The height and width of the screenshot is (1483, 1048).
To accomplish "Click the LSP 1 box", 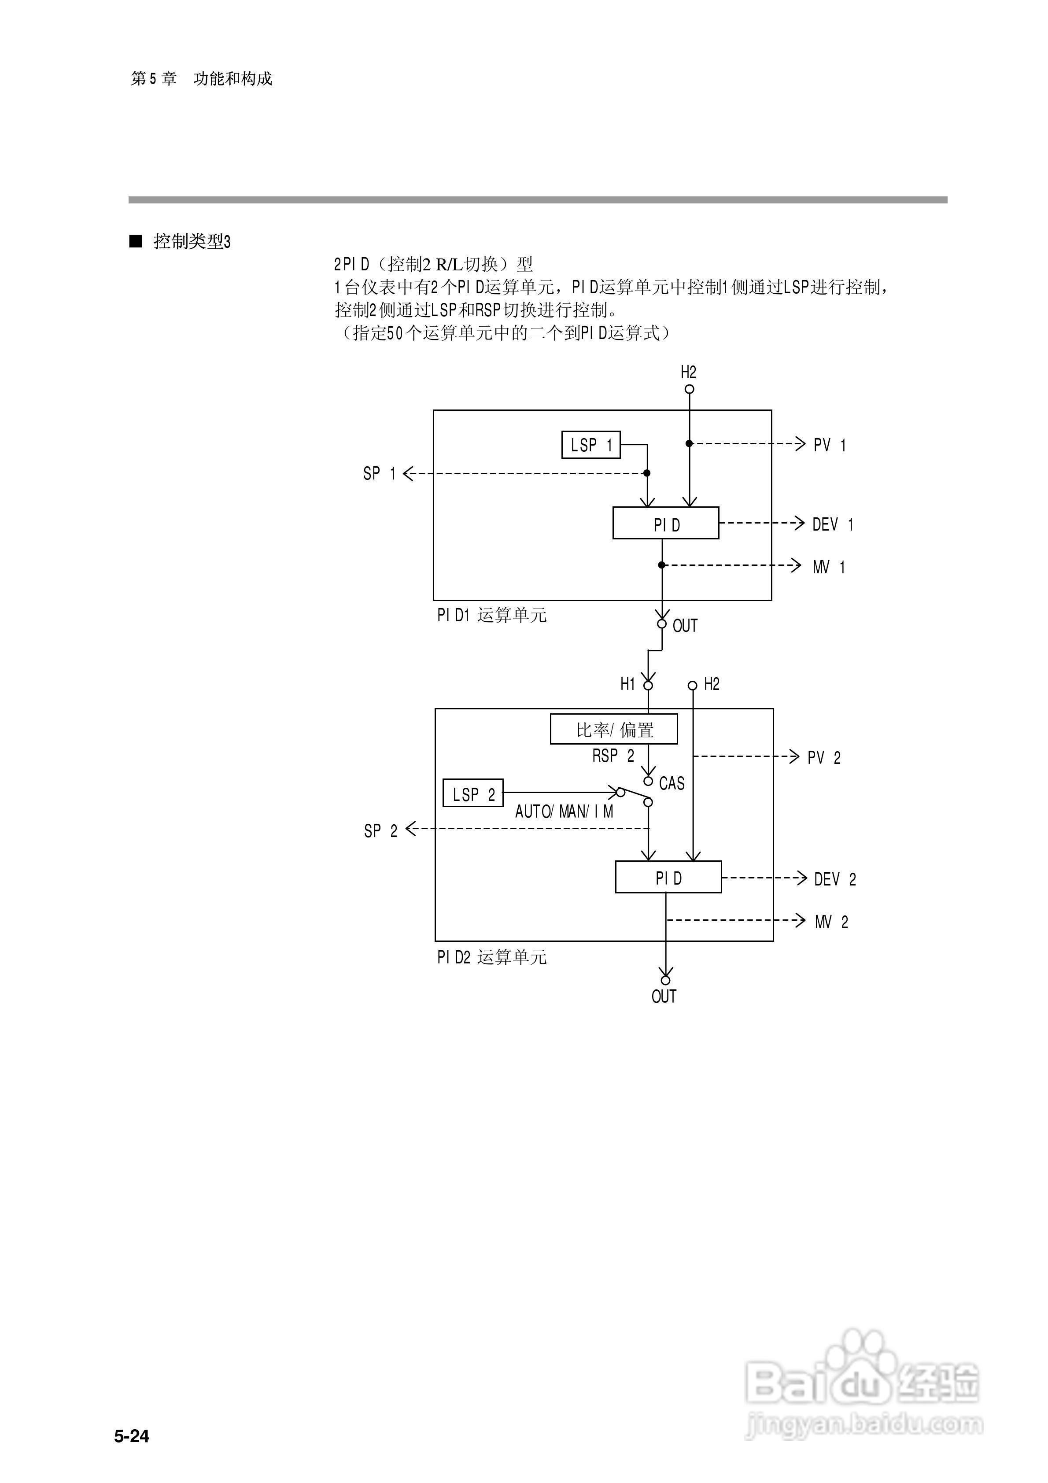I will point(590,445).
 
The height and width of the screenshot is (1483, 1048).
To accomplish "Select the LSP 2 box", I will point(473,793).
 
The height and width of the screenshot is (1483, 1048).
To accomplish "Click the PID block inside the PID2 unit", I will point(668,877).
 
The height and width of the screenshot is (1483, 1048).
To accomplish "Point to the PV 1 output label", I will point(829,445).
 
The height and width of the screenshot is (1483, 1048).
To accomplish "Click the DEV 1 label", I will point(832,524).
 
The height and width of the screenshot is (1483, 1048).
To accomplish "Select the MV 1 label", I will point(828,567).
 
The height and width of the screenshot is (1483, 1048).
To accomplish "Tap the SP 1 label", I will point(379,473).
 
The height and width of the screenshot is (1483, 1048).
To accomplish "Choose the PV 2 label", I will point(824,758).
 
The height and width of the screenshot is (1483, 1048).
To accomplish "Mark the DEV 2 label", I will point(835,879).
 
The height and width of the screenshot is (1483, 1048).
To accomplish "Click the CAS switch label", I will point(672,783).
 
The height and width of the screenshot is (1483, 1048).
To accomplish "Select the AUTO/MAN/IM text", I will point(564,812).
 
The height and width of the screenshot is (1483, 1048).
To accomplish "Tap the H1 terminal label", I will point(628,684).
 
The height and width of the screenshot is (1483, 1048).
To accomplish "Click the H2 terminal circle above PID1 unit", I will point(690,390).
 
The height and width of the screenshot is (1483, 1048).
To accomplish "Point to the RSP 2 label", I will point(613,756).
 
